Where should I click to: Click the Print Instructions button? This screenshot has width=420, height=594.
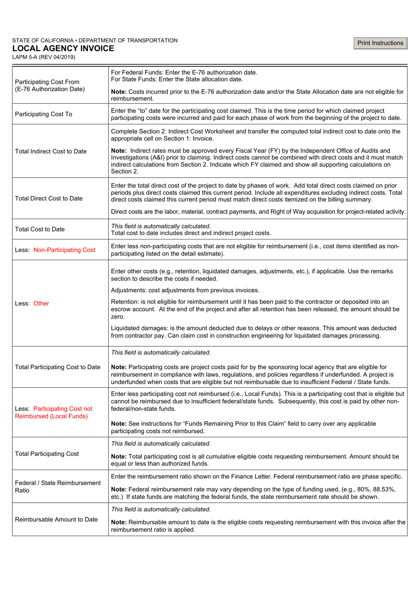pos(380,43)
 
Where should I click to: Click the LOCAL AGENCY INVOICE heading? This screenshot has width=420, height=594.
pos(63,49)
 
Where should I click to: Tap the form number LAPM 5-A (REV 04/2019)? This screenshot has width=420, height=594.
pos(44,57)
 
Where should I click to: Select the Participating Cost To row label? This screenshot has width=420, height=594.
pos(43,114)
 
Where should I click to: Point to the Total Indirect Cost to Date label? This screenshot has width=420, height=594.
pos(51,151)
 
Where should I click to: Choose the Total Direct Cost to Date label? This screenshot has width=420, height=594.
pos(49,198)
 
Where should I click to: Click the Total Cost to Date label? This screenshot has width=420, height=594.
pos(40,229)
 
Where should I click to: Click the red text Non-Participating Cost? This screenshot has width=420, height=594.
pos(65,250)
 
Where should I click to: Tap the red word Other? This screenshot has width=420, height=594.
pos(42,303)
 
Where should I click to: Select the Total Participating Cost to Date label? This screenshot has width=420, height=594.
pos(58,367)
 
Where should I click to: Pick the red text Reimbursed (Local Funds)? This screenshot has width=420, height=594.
pos(51,416)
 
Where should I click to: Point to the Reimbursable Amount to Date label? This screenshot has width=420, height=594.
pos(57,519)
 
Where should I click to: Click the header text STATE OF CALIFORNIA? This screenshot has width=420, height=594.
pos(43,40)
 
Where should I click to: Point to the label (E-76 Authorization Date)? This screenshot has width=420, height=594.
pos(50,89)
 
